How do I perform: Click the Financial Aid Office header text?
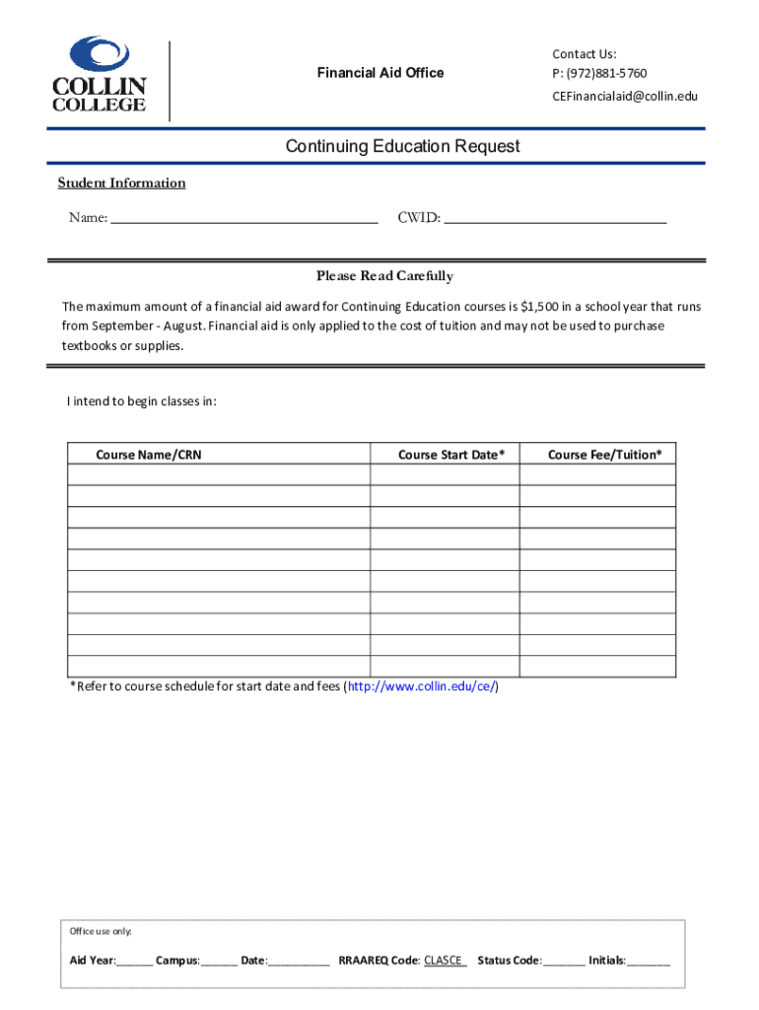[379, 72]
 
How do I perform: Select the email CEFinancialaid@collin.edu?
[624, 96]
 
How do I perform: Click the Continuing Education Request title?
[402, 147]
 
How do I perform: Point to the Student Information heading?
[121, 182]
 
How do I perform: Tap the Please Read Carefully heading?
[384, 276]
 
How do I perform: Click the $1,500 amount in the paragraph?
[538, 306]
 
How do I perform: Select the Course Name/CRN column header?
[148, 455]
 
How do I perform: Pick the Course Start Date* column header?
[451, 455]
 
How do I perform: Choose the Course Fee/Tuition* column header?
[604, 455]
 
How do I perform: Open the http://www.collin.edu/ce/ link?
[421, 686]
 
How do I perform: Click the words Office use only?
[101, 931]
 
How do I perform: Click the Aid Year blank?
[135, 961]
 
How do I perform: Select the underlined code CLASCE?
[444, 960]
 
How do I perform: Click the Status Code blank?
[563, 961]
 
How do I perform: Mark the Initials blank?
[649, 961]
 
